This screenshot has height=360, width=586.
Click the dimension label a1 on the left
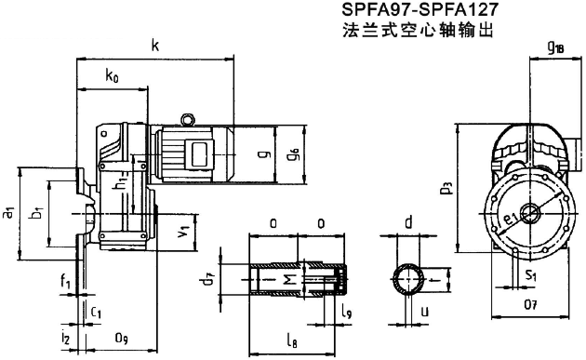9,213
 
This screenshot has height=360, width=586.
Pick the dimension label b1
36,214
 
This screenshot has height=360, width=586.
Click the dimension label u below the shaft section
424,312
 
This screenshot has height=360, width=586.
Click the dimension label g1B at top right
556,46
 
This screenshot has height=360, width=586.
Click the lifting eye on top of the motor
187,118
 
